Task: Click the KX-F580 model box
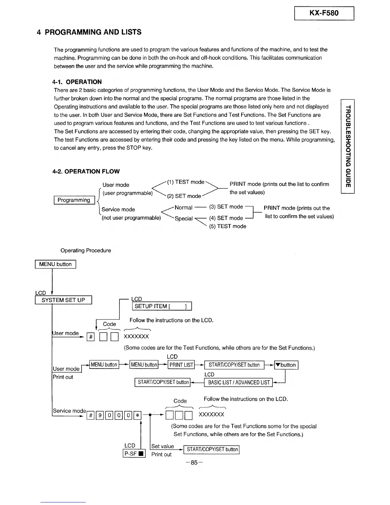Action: pyautogui.click(x=324, y=13)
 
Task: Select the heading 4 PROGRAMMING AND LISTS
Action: pyautogui.click(x=89, y=32)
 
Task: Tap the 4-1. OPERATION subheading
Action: pyautogui.click(x=77, y=82)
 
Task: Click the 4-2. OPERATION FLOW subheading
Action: pyautogui.click(x=86, y=171)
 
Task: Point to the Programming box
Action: pyautogui.click(x=74, y=200)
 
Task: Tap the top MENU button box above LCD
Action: pyautogui.click(x=55, y=264)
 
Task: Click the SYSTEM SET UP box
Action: pyautogui.click(x=63, y=300)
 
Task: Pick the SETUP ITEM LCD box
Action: pyautogui.click(x=162, y=306)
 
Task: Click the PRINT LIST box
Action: pyautogui.click(x=181, y=365)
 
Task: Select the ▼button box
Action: pyautogui.click(x=286, y=365)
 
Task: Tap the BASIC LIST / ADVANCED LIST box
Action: pyautogui.click(x=238, y=382)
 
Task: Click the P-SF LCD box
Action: pyautogui.click(x=134, y=453)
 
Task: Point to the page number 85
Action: pyautogui.click(x=194, y=463)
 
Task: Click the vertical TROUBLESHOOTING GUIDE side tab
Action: pyautogui.click(x=348, y=146)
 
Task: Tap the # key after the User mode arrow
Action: pyautogui.click(x=90, y=337)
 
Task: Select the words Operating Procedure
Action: pyautogui.click(x=86, y=251)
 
